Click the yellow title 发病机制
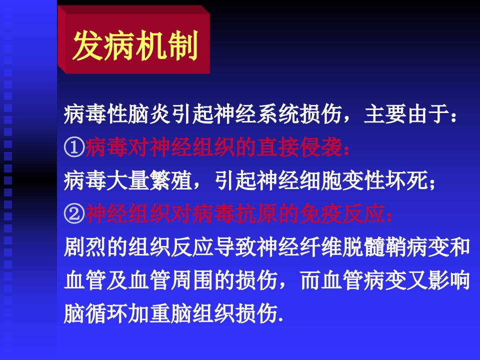pyautogui.click(x=135, y=45)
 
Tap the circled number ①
pyautogui.click(x=74, y=147)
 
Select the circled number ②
pyautogui.click(x=74, y=213)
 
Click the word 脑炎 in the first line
pyautogui.click(x=149, y=114)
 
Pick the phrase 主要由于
pyautogui.click(x=406, y=114)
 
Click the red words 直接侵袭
pyautogui.click(x=299, y=147)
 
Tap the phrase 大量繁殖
pyautogui.click(x=149, y=180)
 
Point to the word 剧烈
pyautogui.click(x=85, y=246)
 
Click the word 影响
pyautogui.click(x=449, y=280)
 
